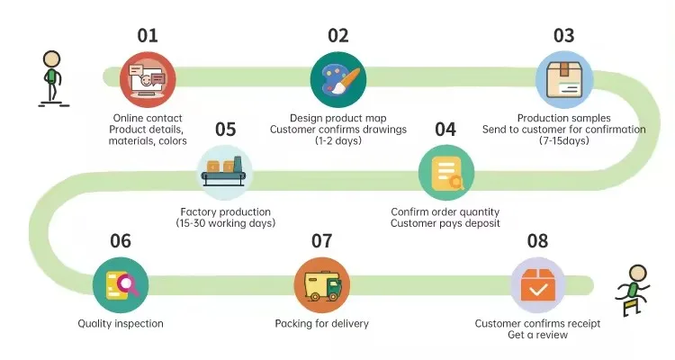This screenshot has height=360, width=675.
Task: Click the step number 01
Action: coord(148,36)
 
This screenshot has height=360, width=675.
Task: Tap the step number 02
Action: coord(337,36)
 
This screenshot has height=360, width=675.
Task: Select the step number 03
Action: coord(563,36)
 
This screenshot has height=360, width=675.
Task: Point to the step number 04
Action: coord(445,129)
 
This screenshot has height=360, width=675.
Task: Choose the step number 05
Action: coord(225,129)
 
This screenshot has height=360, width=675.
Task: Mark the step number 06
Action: coord(121,241)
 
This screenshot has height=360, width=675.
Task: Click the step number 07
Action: coord(321,241)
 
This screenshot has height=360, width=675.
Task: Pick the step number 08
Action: coord(537,241)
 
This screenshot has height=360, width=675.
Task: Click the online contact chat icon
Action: coord(148,79)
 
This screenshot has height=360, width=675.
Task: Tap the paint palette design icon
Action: coord(337,79)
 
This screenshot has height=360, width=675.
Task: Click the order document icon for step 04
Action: coord(446,171)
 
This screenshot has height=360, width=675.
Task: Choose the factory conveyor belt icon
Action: coord(225,171)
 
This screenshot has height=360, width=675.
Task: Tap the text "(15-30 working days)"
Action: coord(225,222)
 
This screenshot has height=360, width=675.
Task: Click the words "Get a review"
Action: coord(537,336)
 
